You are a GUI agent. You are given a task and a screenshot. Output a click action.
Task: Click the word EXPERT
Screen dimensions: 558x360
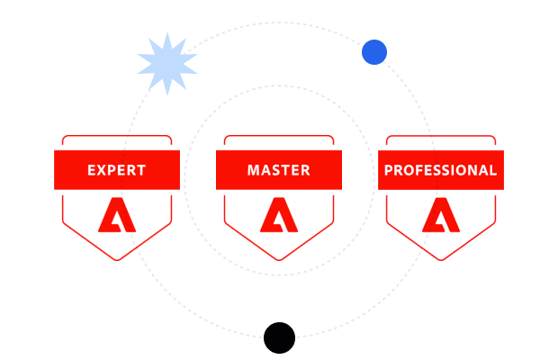117,170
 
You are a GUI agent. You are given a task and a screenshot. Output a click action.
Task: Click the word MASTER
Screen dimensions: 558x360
279,170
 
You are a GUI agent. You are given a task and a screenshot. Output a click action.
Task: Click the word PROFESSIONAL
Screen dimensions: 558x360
441,170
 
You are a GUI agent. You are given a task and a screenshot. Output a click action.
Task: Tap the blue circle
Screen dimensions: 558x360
374,52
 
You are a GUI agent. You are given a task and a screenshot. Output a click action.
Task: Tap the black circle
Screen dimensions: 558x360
279,337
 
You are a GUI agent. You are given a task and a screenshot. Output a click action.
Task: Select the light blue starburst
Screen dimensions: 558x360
167,64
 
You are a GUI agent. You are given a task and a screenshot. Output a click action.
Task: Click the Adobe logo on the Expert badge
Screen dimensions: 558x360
117,215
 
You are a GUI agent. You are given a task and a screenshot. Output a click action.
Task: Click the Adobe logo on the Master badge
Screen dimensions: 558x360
279,215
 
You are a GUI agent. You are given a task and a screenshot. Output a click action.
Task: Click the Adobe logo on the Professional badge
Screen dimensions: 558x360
441,215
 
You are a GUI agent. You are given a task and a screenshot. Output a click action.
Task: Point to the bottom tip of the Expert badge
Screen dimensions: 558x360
117,260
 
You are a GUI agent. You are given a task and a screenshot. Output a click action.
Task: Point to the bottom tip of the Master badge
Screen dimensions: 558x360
279,260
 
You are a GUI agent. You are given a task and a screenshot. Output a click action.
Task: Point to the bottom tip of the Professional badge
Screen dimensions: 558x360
441,260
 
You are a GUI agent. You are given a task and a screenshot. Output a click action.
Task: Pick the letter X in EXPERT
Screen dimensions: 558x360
102,170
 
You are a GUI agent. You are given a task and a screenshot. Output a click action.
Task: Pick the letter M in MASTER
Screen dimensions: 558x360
254,170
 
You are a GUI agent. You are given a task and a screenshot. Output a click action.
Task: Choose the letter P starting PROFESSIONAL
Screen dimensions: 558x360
389,170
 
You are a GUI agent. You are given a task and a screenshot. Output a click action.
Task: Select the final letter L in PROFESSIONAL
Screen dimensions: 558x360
493,170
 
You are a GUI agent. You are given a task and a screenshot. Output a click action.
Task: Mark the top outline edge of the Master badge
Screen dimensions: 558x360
279,136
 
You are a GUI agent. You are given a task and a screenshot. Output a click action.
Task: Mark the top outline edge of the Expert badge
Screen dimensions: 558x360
117,136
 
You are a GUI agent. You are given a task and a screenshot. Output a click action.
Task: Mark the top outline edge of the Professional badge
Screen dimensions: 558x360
441,136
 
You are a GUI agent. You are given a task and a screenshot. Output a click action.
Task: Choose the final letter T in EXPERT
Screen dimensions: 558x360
141,170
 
